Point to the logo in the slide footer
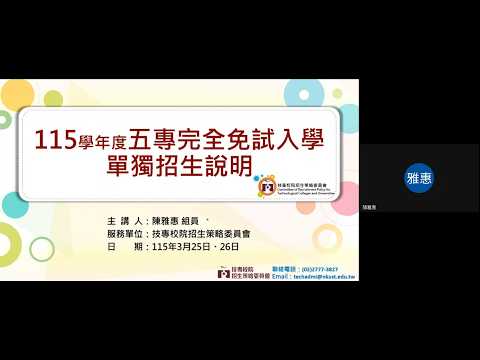[223, 272]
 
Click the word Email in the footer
[281, 276]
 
